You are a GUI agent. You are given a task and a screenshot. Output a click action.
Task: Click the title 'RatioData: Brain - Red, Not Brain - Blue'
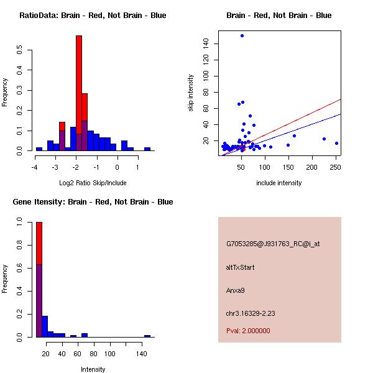coord(93,16)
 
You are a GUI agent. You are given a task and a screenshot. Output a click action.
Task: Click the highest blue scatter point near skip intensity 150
coord(242,35)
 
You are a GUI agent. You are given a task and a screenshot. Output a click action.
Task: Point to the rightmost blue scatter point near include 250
coord(336,144)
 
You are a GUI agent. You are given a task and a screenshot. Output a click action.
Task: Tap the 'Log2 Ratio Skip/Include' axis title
coord(93,183)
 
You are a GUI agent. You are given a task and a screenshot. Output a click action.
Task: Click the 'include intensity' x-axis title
coord(279,183)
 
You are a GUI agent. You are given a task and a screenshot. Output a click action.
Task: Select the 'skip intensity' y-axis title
coord(191,93)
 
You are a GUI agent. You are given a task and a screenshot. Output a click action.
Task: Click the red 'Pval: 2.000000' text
coord(248,331)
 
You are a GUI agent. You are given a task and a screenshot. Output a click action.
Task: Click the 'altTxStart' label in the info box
coord(240,267)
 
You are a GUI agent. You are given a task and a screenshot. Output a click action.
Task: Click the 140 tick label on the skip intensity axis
coord(205,44)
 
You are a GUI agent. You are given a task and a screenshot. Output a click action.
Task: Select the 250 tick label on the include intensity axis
coord(336,167)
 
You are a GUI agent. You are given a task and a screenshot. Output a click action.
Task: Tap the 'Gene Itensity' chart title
coord(93,202)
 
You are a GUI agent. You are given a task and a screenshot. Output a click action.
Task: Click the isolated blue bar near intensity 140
coord(147,336)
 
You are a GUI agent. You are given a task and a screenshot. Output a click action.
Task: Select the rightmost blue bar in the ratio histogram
coord(147,149)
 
